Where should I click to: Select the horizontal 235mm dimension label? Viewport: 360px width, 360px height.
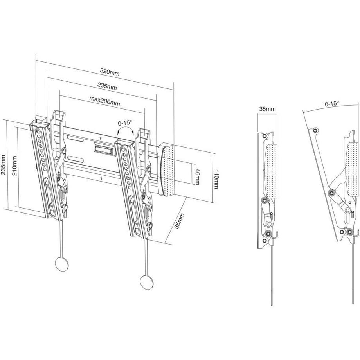pos(107,86)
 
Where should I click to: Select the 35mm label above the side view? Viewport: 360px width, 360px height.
pos(267,108)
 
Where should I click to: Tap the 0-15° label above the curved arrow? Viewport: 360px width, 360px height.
pos(125,122)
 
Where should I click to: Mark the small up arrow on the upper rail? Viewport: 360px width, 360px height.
pos(101,138)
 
